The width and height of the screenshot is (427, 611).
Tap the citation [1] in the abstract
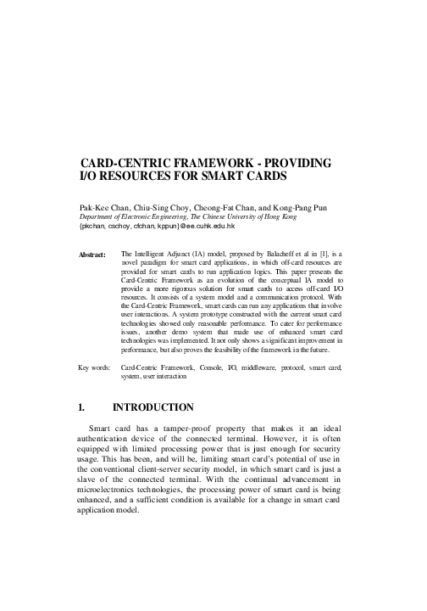point(338,253)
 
